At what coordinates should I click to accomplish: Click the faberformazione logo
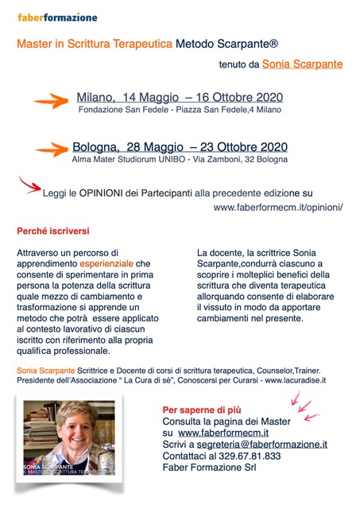pyautogui.click(x=58, y=16)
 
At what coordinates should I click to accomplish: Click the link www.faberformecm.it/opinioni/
pyautogui.click(x=277, y=207)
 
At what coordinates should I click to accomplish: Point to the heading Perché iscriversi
pyautogui.click(x=54, y=231)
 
